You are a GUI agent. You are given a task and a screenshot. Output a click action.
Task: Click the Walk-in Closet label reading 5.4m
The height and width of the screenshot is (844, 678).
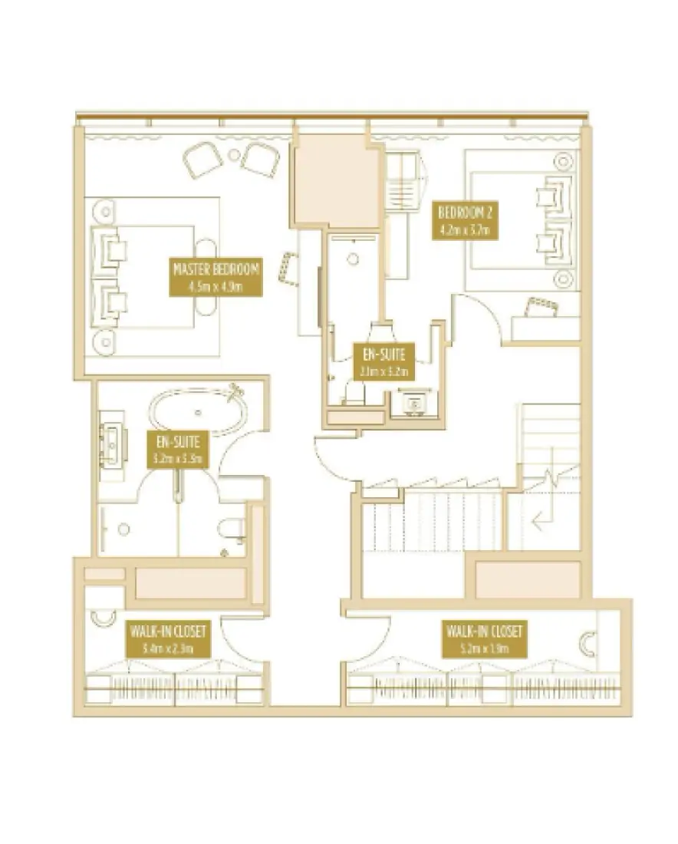point(168,639)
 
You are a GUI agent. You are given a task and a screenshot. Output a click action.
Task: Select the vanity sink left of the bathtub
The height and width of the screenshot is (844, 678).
point(112,443)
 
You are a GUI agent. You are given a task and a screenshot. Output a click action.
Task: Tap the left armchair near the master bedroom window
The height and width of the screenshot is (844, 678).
point(202,160)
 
